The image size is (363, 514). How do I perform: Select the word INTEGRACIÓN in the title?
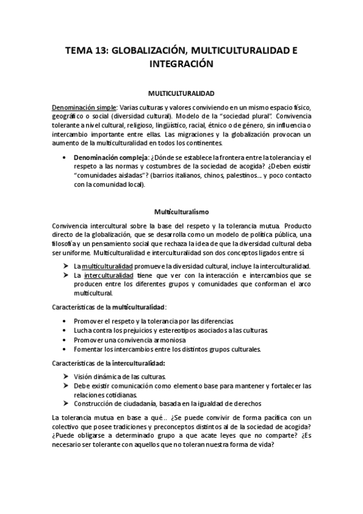point(182,63)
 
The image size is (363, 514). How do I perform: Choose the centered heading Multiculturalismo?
point(181,212)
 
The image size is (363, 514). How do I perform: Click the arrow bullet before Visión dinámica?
point(65,376)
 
